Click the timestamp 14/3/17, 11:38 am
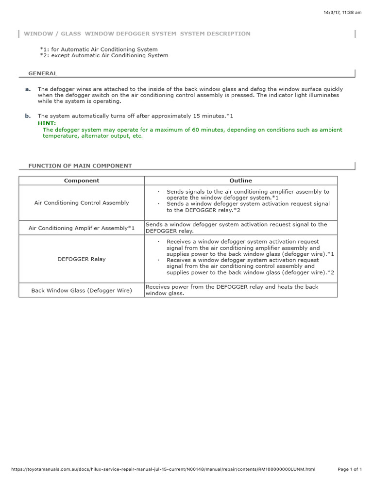[343, 13]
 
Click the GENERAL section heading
[43, 74]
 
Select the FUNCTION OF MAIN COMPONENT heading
[80, 166]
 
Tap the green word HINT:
[47, 123]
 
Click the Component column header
[82, 181]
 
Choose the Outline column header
[241, 181]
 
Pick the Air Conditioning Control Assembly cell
[82, 203]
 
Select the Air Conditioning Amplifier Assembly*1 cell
[82, 228]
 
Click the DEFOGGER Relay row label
[82, 259]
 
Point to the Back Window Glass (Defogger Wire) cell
[82, 290]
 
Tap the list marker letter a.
[28, 89]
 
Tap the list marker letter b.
[28, 116]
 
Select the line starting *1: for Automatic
[99, 50]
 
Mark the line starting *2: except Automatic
[104, 56]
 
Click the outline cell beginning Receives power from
[232, 290]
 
